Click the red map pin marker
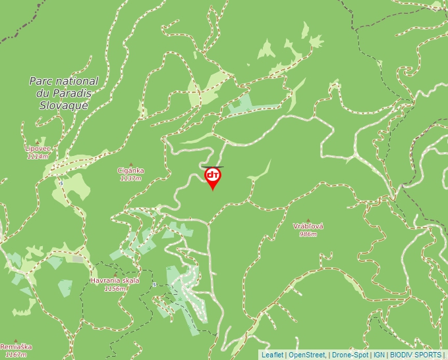(x=213, y=177)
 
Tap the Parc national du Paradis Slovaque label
(x=64, y=93)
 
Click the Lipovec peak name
(x=38, y=149)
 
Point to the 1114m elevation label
(x=38, y=157)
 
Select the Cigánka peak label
(x=130, y=171)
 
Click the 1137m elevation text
(x=130, y=178)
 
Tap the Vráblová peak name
(x=308, y=226)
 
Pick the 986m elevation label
(x=308, y=234)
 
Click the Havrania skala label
(x=115, y=281)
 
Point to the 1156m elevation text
(x=115, y=288)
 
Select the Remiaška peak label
(x=16, y=347)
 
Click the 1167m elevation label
(x=14, y=355)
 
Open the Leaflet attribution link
(x=272, y=355)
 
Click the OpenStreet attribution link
(x=306, y=355)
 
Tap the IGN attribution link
(x=379, y=355)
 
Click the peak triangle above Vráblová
(x=308, y=220)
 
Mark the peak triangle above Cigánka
(x=130, y=165)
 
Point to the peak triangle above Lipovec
(x=38, y=143)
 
